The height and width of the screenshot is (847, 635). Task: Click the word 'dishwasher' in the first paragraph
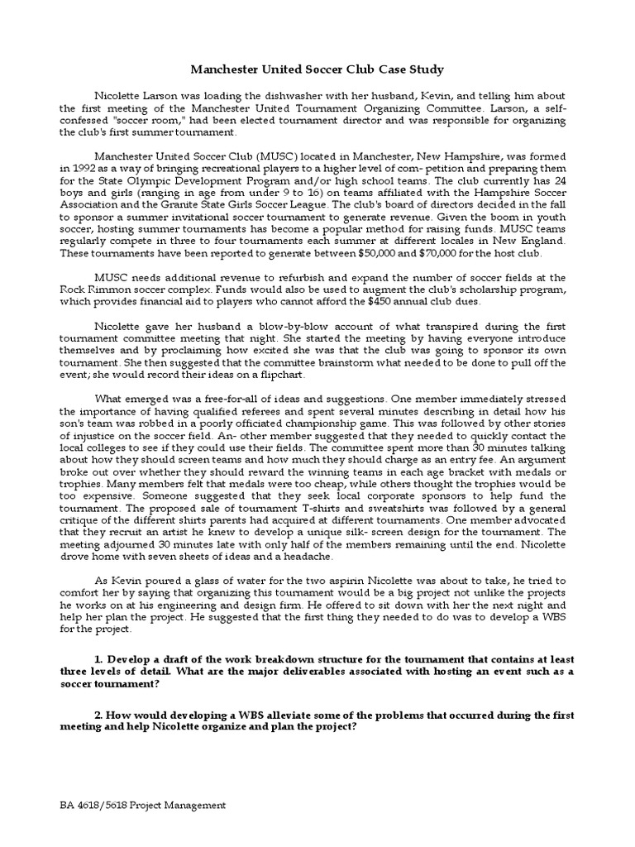pyautogui.click(x=260, y=96)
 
